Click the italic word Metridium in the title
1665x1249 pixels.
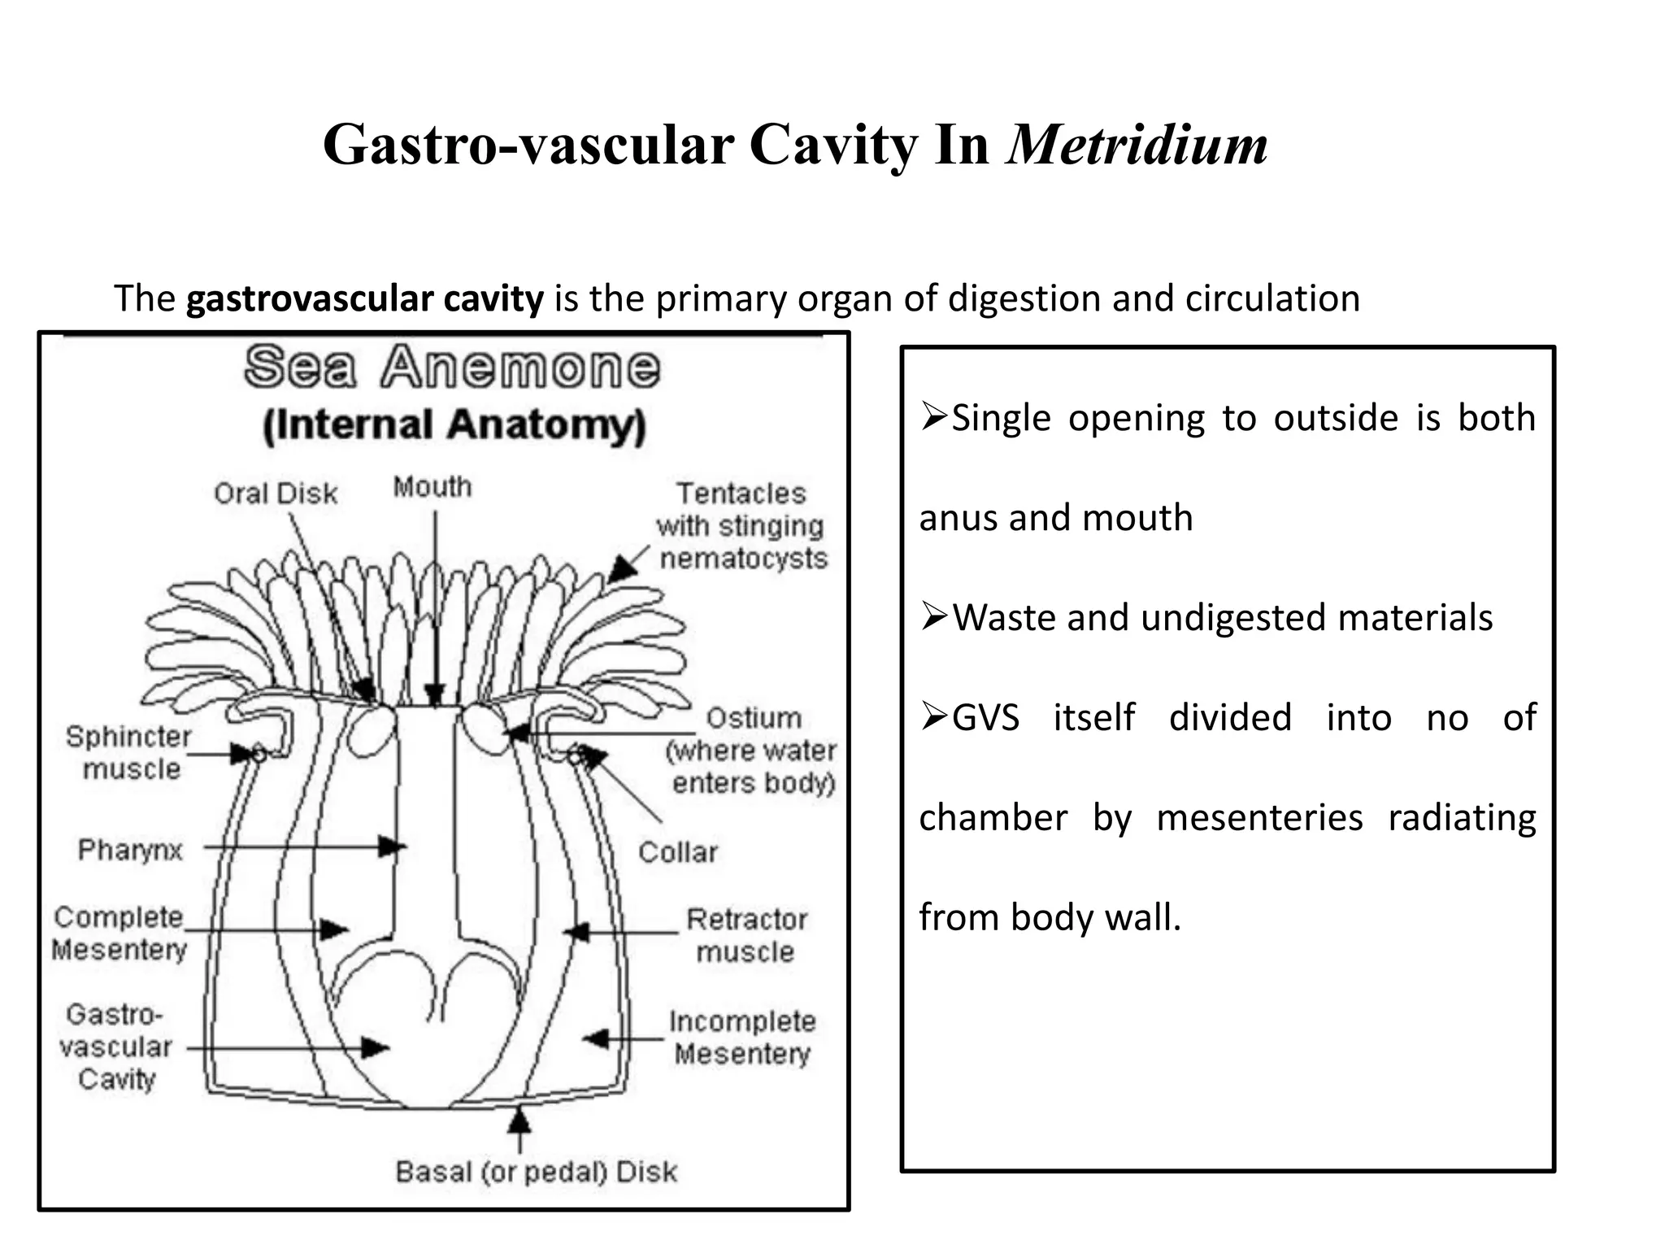[1137, 145]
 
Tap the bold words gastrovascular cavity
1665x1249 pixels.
[364, 299]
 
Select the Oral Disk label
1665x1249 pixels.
[276, 494]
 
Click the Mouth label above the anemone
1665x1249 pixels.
[433, 487]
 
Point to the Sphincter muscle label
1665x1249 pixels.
[128, 753]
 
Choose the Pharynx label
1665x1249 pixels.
[130, 850]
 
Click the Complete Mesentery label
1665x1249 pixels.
[120, 933]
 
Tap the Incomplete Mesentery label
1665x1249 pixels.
[742, 1038]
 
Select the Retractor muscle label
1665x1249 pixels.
[746, 935]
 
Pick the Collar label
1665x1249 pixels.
[678, 852]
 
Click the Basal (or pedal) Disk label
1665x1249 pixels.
[536, 1172]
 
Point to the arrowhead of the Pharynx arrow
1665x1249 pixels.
[393, 847]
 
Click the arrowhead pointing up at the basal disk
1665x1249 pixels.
[519, 1121]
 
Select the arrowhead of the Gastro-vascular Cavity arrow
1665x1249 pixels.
[375, 1047]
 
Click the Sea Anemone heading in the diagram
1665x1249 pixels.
[452, 368]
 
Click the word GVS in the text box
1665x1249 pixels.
[985, 718]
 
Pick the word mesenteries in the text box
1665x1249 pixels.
[1259, 818]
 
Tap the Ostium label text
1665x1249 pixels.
[754, 718]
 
